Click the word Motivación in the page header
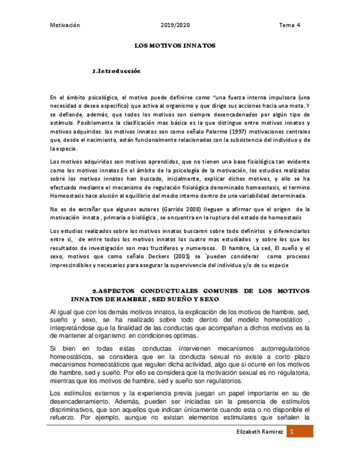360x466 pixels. coord(65,25)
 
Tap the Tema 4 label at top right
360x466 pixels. coord(290,25)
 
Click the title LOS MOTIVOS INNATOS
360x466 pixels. coord(175,46)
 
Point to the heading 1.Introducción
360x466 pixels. coord(117,71)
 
